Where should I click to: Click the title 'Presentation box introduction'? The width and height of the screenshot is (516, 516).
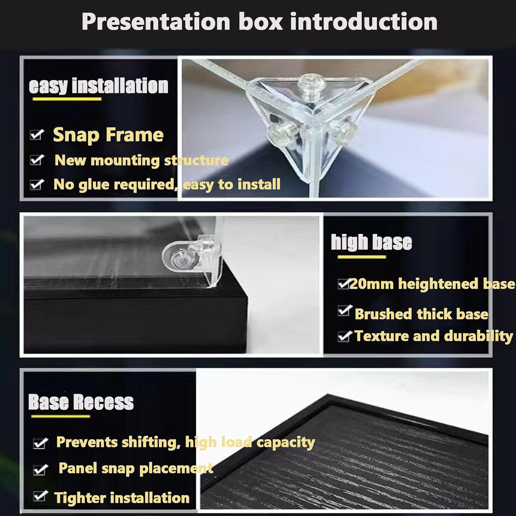click(259, 22)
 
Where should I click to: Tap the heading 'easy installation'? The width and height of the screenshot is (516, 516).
click(99, 86)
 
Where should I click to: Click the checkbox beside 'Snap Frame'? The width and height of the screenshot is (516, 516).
click(37, 135)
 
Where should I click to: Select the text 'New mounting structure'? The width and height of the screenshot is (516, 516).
click(141, 160)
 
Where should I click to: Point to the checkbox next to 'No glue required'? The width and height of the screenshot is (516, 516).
click(37, 184)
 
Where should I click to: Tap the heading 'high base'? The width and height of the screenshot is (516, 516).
click(372, 242)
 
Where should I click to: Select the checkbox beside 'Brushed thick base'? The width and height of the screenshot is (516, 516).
click(344, 311)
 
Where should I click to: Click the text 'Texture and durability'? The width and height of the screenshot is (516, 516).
click(433, 336)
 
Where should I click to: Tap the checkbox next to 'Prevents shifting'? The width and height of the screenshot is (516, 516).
click(40, 443)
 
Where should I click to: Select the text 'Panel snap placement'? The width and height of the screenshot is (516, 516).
click(136, 468)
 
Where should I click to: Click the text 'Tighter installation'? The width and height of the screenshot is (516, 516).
click(122, 498)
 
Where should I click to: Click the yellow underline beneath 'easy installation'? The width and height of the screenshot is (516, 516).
click(67, 99)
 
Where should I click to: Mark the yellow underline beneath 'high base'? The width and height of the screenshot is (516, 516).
click(362, 257)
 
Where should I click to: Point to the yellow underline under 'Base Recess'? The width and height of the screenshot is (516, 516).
click(61, 417)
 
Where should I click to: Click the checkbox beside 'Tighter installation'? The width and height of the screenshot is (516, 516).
click(40, 496)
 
